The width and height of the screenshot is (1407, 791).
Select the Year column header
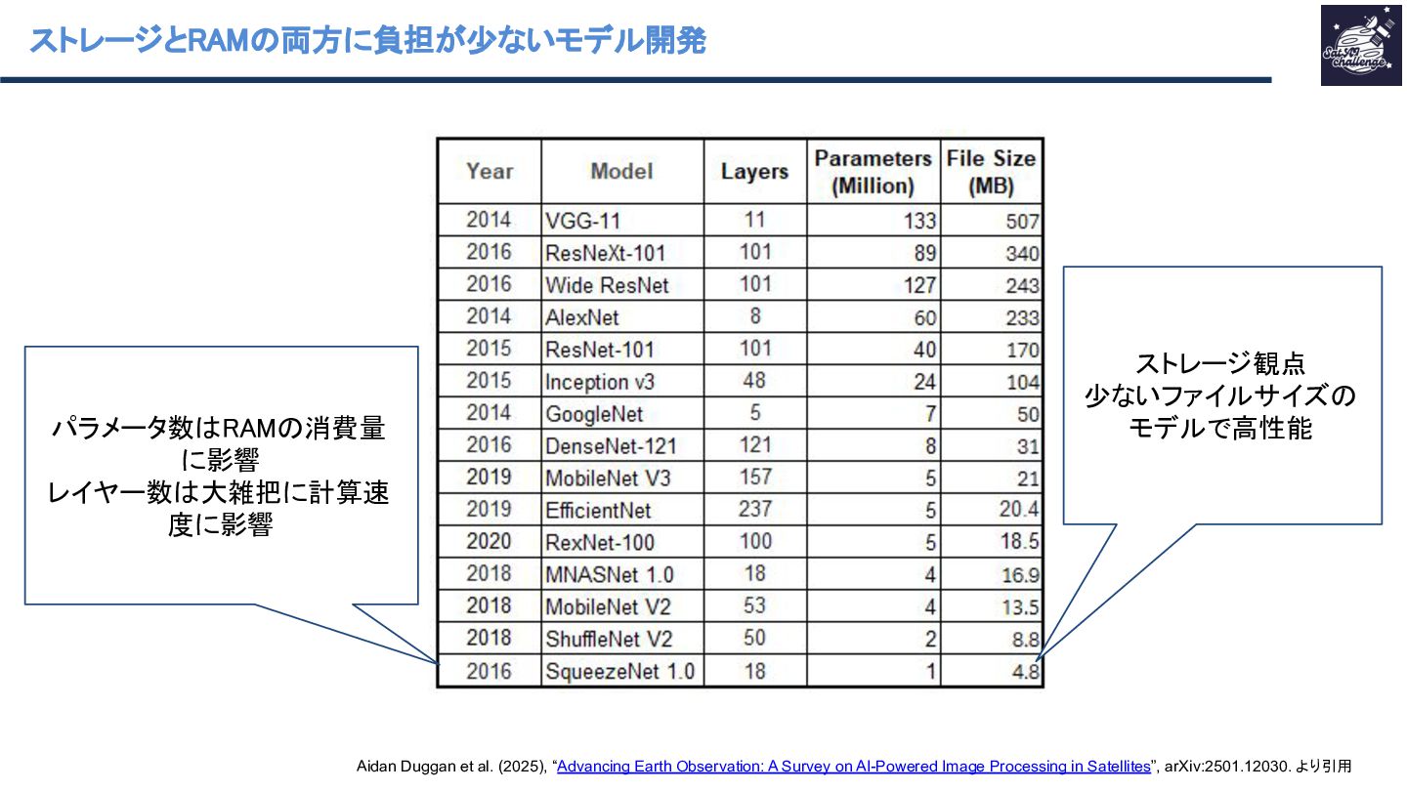pyautogui.click(x=489, y=171)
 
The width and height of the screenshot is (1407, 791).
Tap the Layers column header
pyautogui.click(x=753, y=171)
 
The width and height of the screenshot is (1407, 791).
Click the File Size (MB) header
pyautogui.click(x=991, y=171)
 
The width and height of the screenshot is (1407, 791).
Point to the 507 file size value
pyautogui.click(x=1022, y=222)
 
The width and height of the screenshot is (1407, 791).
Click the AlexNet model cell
pyautogui.click(x=582, y=317)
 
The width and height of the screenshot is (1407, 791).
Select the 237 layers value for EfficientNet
pyautogui.click(x=754, y=509)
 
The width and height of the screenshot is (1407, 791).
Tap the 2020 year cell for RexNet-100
pyautogui.click(x=489, y=541)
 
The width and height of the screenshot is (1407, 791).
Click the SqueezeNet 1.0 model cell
pyautogui.click(x=619, y=672)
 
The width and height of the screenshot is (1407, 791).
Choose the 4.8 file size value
pyautogui.click(x=1026, y=672)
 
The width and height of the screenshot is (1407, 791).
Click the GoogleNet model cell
pyautogui.click(x=594, y=414)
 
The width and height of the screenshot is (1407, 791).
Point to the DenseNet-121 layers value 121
pyautogui.click(x=754, y=445)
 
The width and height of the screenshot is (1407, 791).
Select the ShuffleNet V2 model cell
pyautogui.click(x=609, y=639)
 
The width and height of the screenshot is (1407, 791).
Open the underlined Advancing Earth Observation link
pyautogui.click(x=853, y=767)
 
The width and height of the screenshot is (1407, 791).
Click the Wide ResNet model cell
pyautogui.click(x=608, y=285)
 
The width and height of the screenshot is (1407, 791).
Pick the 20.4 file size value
pyautogui.click(x=1020, y=510)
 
